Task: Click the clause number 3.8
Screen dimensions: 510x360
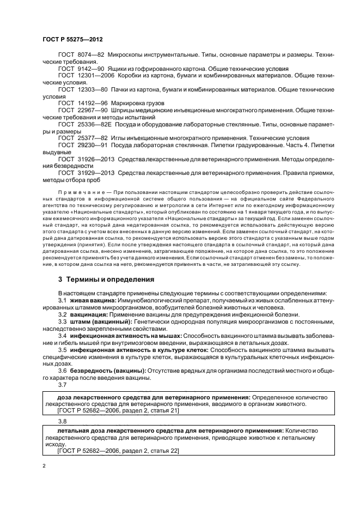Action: click(x=63, y=421)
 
